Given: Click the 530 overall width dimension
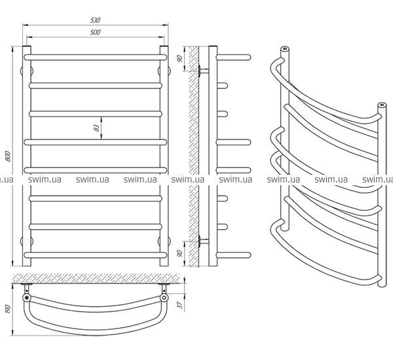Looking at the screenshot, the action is pos(95,20).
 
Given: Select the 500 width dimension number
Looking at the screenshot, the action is pos(95,32).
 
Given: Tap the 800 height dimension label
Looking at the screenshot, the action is pos(8,156).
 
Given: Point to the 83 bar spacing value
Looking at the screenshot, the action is pos(96,128).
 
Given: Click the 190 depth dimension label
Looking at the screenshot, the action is pos(7,310).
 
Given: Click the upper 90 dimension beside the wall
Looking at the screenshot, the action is pos(179,59).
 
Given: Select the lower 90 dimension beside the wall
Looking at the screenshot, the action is pos(179,253).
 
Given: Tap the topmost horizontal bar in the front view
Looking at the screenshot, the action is pos(95,58).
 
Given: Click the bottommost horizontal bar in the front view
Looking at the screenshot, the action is pos(95,255).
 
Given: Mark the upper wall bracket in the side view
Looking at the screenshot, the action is pos(203,71).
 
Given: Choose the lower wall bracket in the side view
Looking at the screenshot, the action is pos(203,242).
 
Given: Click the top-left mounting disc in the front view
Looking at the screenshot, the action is pos(27,71).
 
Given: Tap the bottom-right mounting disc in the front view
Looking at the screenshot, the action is pos(164,242).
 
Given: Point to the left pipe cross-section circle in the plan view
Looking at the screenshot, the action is pos(27,298).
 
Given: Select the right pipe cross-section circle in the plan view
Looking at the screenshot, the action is pos(164,298).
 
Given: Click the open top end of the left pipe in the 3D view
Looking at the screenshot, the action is pos(285,48).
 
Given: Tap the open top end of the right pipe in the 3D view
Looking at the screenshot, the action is pos(382,105).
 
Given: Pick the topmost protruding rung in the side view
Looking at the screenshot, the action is pos(233,58).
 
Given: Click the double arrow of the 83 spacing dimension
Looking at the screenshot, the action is pos(102,128).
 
